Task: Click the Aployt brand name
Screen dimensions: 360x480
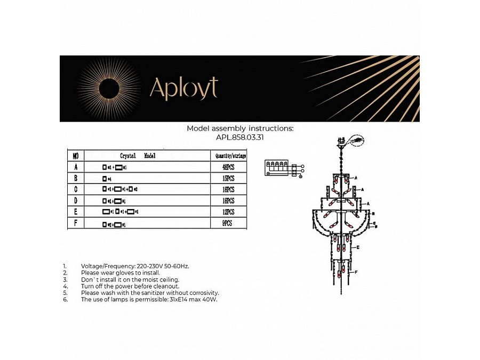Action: tap(183, 89)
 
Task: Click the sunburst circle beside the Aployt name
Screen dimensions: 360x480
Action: tap(109, 89)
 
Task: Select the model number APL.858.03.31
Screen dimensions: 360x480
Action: tap(240, 137)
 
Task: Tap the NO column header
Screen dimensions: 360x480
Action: tap(75, 156)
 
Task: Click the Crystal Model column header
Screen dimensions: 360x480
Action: tap(138, 156)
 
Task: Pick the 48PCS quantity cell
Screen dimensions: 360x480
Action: tap(229, 167)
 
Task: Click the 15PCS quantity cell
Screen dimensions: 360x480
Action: tap(229, 179)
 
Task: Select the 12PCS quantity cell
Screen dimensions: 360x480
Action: tap(229, 212)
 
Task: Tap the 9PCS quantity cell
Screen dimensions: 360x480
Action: tap(229, 224)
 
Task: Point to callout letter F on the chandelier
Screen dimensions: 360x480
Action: tap(356, 273)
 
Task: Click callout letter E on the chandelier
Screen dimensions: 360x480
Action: tap(358, 247)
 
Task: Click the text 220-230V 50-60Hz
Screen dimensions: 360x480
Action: tap(162, 266)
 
